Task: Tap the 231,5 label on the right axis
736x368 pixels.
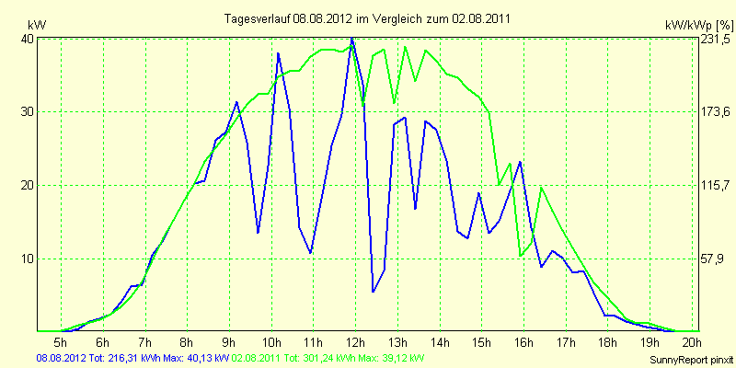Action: coord(716,40)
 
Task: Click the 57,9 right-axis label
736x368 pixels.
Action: coord(714,259)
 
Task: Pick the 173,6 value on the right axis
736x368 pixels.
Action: coord(716,112)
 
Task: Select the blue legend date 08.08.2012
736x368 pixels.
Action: coord(61,357)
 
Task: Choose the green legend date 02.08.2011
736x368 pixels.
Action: coord(259,357)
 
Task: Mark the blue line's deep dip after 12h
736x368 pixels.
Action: coord(374,292)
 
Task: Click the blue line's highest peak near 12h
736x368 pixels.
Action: coord(351,39)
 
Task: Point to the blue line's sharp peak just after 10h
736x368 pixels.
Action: coord(278,53)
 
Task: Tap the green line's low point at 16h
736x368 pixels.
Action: coord(521,255)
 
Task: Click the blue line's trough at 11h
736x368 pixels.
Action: coord(311,252)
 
